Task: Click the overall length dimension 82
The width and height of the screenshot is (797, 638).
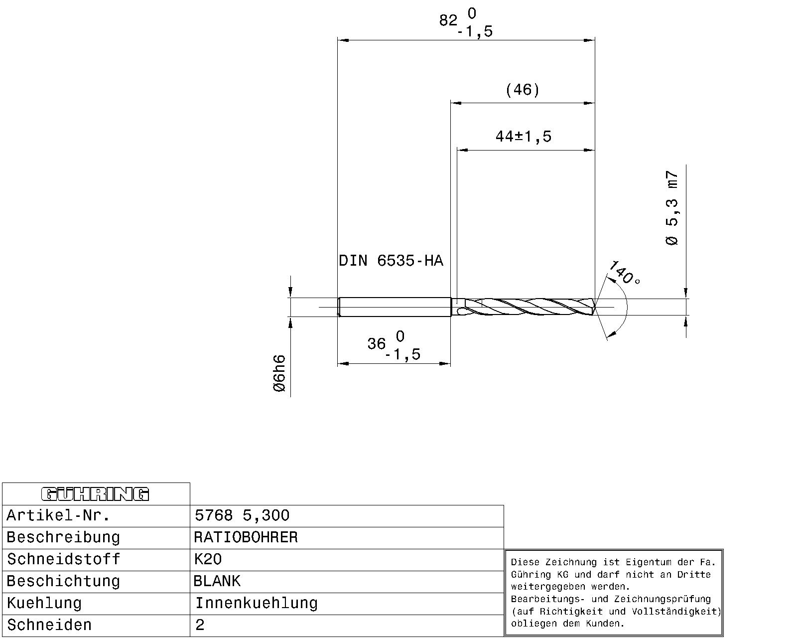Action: pos(448,21)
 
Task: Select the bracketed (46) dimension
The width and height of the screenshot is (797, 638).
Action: pos(522,90)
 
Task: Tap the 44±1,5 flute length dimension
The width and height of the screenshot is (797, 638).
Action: pos(523,137)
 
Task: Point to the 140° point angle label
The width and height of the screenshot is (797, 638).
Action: pos(624,273)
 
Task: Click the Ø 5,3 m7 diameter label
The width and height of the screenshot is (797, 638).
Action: pos(672,208)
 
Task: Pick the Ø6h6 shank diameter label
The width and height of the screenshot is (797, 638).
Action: pos(280,373)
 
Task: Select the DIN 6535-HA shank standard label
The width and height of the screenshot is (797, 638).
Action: pos(391,261)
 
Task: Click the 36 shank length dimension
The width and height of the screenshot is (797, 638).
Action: pos(377,344)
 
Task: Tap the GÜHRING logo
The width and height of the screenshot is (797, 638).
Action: pos(95,494)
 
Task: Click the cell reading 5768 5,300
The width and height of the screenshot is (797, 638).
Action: pos(242,515)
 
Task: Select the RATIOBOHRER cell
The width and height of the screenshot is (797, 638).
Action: pos(246,537)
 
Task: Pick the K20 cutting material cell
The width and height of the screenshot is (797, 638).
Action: pos(208,559)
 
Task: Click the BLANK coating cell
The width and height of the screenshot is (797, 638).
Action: pos(217,581)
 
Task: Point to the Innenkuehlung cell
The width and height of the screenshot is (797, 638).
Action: pos(256,603)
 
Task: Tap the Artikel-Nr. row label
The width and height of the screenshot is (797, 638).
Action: pos(58,515)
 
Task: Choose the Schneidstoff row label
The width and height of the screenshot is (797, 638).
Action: pos(63,559)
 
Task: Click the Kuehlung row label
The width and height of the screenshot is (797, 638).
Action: pos(44,603)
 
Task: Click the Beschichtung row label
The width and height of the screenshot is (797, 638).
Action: pos(63,581)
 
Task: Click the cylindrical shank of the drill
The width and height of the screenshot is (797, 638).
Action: pos(394,307)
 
